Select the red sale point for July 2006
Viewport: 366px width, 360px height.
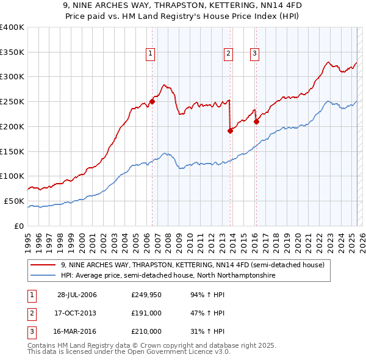(x=152, y=102)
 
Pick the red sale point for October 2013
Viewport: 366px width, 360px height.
(x=230, y=131)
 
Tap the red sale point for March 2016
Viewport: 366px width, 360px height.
(x=256, y=121)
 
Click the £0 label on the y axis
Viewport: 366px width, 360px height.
(x=18, y=226)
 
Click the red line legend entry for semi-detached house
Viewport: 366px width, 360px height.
(x=196, y=265)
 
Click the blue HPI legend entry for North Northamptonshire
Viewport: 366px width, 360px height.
(x=168, y=276)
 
